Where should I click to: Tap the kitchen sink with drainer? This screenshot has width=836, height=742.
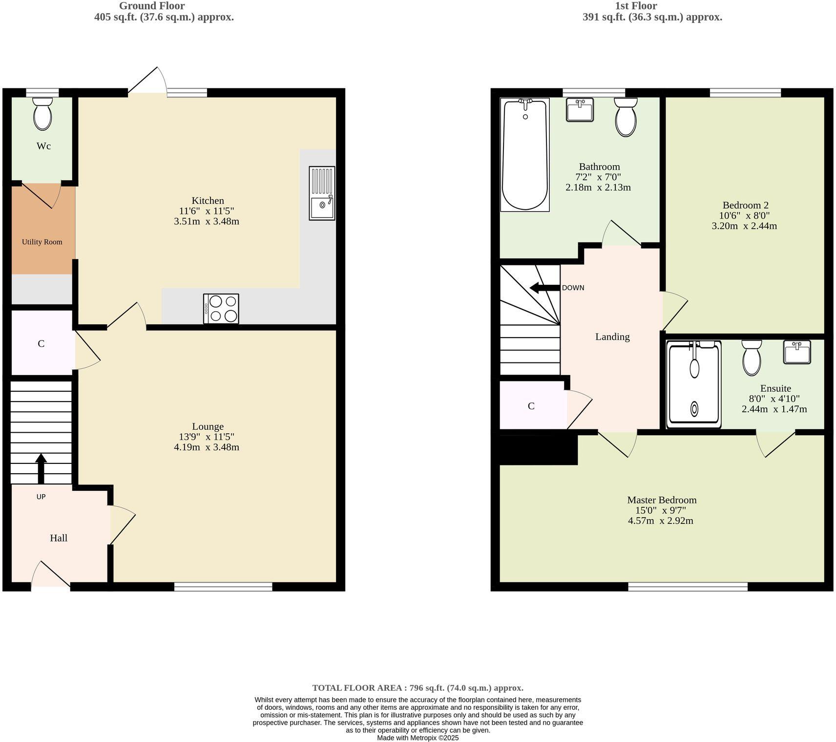(x=322, y=193)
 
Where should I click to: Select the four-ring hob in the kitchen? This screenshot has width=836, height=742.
(x=221, y=308)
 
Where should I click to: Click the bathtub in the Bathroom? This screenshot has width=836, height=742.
(x=525, y=155)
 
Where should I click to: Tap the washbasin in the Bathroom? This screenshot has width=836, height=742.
(x=580, y=109)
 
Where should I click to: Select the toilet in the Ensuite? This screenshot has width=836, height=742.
(x=752, y=357)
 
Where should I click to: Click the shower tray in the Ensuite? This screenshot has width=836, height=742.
(x=693, y=384)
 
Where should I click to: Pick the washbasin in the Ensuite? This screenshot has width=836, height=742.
(x=797, y=352)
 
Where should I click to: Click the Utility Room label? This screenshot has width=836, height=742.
(x=42, y=242)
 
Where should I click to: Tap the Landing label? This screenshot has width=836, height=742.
(x=612, y=337)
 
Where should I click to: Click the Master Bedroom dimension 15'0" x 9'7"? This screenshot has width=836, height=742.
(x=660, y=510)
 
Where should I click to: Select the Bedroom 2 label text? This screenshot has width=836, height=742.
(x=745, y=205)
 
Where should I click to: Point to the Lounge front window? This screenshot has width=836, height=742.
(x=223, y=587)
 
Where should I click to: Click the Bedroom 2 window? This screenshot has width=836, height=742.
(x=745, y=93)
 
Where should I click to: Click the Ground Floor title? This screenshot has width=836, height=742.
(x=152, y=6)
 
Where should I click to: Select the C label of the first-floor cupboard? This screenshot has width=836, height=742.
(x=531, y=406)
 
